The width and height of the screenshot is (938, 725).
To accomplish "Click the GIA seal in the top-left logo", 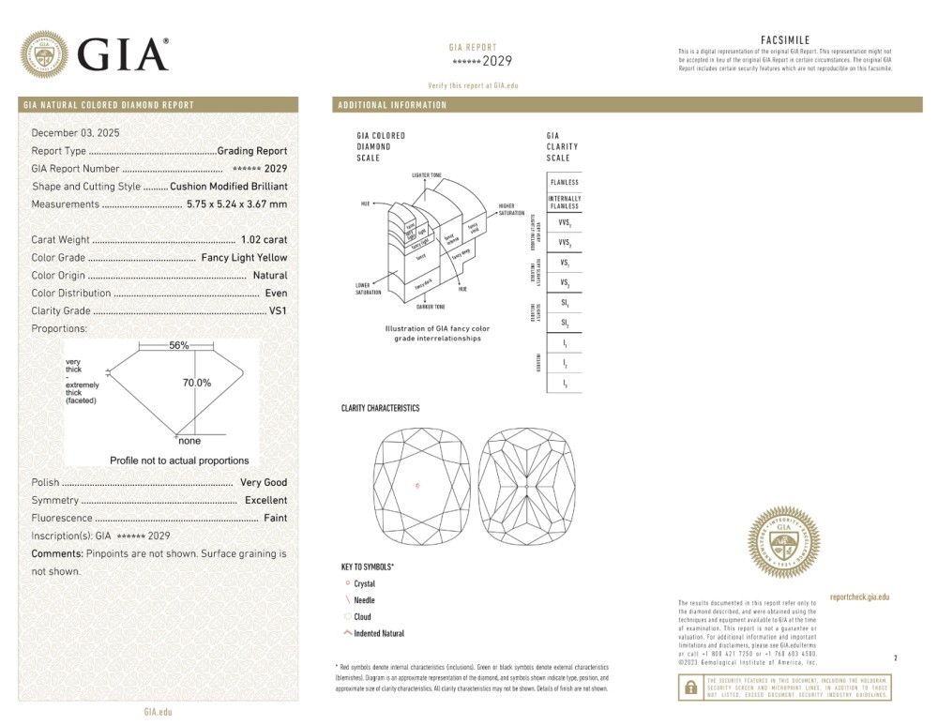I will tap(44, 54).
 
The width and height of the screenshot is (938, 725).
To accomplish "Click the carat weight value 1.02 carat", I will tap(264, 240).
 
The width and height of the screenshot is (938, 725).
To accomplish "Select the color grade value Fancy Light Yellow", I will tap(244, 258).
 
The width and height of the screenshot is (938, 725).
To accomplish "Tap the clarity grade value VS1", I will tap(278, 311).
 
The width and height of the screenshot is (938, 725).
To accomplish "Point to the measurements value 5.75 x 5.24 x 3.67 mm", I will tap(236, 204).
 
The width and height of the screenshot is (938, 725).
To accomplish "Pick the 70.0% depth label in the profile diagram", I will tap(196, 383).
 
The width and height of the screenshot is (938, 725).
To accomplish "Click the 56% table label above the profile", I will tap(178, 345).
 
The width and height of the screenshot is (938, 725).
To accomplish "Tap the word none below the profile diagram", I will tap(189, 441).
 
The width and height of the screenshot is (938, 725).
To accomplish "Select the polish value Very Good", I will tap(264, 483).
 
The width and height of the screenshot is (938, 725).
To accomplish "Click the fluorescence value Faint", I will tap(275, 519).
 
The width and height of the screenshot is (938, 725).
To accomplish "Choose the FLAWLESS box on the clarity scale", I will tap(564, 182).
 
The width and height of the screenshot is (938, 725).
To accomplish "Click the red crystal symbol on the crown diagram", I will tap(418, 486).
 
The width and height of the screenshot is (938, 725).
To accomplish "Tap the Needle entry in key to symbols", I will tap(364, 600).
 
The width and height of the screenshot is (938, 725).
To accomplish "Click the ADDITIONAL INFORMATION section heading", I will tap(392, 105).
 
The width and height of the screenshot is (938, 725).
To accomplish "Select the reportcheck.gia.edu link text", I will tap(859, 597).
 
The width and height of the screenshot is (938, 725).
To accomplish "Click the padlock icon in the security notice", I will tap(690, 687).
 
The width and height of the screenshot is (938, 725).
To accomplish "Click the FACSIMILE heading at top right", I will tap(784, 40).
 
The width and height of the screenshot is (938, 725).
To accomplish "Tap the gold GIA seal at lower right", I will tap(783, 543).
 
